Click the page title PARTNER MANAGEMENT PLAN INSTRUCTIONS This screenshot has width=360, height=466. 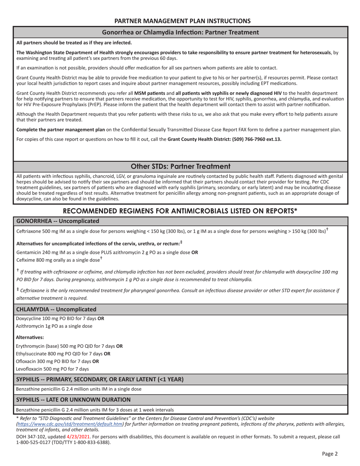click(182, 21)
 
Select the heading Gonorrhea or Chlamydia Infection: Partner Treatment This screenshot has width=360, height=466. click(180, 32)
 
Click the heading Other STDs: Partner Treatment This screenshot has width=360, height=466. click(180, 166)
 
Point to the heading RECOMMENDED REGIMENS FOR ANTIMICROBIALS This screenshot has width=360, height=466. click(180, 211)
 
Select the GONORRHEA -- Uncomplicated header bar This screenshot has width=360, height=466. click(58, 221)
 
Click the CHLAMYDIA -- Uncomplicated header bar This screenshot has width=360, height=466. click(56, 309)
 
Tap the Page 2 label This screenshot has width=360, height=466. click(330, 453)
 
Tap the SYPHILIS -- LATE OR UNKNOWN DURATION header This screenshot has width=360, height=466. click(73, 399)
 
